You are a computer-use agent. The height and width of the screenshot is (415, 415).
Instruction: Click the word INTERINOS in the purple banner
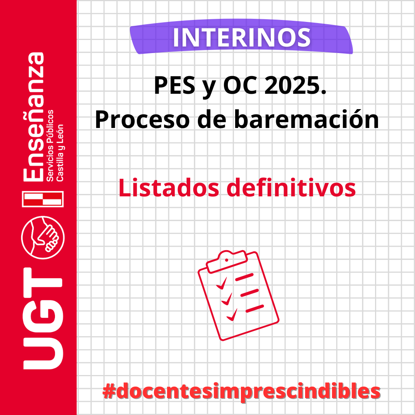coord(242,38)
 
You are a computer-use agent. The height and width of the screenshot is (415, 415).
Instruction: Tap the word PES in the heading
coord(175,85)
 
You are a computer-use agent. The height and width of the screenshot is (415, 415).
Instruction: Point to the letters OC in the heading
coord(240,85)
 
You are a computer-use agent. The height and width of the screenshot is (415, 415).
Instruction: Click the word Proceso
coord(143,120)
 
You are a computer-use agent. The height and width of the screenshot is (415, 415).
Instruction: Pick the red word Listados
coord(169,188)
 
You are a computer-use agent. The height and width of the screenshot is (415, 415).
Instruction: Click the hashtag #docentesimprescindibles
coord(241,391)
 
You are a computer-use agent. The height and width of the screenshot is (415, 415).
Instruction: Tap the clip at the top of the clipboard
coord(227,261)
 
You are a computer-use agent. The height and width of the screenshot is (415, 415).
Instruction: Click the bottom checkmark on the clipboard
coord(232,315)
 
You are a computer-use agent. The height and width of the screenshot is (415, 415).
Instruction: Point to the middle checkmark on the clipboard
coord(227,299)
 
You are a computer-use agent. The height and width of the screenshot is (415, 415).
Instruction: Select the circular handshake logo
coord(43,238)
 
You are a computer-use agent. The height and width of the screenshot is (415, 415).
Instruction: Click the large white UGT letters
coord(43,319)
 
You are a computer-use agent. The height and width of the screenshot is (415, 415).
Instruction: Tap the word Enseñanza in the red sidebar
coord(33,117)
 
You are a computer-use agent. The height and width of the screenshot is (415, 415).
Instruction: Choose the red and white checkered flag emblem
coord(43,199)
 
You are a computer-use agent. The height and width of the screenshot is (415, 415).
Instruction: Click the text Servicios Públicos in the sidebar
coord(50,146)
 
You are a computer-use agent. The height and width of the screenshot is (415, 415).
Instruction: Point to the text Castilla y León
coord(60,153)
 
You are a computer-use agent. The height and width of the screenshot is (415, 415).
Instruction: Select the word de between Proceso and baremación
coord(212,119)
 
